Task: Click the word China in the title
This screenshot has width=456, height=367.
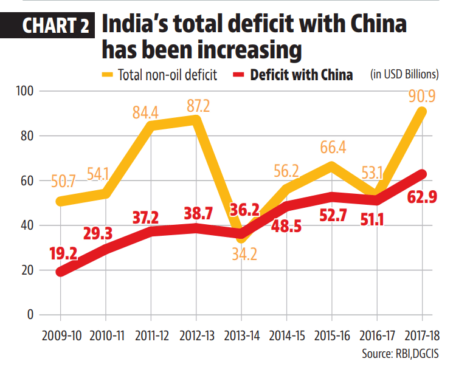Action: click(x=371, y=26)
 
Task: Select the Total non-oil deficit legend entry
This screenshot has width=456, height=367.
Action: click(x=162, y=75)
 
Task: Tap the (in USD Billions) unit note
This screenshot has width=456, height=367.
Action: click(x=404, y=75)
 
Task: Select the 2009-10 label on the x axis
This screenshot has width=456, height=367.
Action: click(x=61, y=335)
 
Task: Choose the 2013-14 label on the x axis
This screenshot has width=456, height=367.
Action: click(x=241, y=335)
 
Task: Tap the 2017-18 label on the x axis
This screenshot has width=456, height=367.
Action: click(x=423, y=335)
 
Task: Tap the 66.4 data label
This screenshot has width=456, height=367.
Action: click(x=332, y=148)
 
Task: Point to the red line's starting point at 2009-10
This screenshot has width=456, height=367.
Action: click(x=61, y=272)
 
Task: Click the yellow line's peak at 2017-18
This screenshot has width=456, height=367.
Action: click(x=423, y=112)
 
